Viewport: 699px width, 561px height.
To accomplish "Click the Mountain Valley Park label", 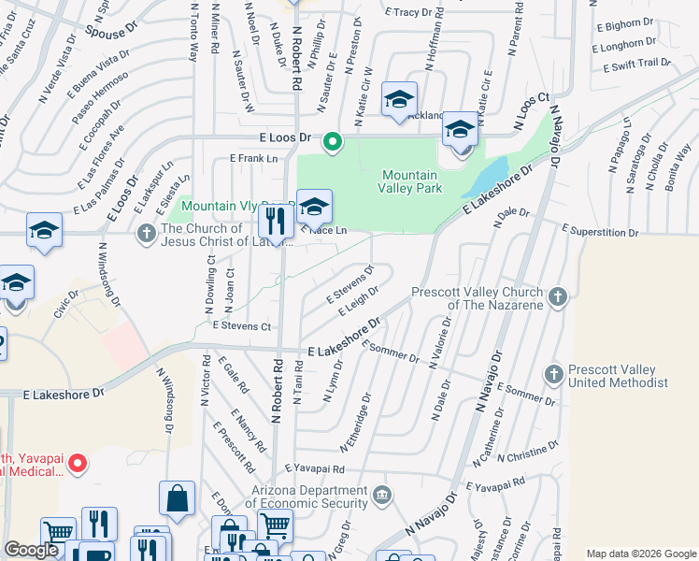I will tap(409, 181).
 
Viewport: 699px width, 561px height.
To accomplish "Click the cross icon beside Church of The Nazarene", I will tap(557, 297).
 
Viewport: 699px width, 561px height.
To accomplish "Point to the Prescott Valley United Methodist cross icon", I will tap(553, 374).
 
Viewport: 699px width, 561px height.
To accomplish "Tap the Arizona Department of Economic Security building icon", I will tap(381, 495).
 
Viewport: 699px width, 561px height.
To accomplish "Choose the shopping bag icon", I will tap(177, 502).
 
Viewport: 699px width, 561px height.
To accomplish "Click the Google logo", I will tap(31, 551).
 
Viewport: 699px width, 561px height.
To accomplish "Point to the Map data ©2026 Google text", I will tap(640, 554).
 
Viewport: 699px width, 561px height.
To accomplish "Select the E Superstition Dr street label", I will tap(600, 231).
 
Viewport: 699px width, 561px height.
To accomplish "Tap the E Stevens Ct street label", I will tap(241, 326).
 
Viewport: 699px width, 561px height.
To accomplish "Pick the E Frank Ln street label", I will tap(254, 159).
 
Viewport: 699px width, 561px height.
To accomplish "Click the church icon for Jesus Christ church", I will tap(145, 233).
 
